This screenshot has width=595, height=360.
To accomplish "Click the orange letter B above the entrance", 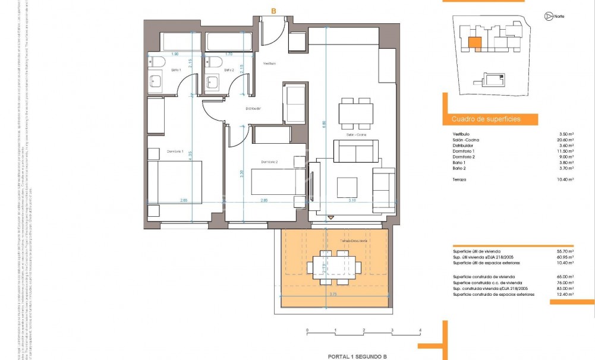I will [273, 11].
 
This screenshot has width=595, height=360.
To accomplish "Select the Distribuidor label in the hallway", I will [254, 109].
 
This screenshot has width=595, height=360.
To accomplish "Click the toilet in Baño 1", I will [156, 61].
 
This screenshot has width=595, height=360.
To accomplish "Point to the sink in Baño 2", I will [212, 82].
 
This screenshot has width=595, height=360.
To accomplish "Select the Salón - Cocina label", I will [357, 135].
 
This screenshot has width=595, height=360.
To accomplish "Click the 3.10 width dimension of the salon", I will [352, 200].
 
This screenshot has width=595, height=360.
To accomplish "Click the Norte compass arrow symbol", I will [546, 17].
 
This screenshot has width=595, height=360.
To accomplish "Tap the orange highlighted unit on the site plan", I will [474, 43].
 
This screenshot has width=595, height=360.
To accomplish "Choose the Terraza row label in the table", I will [459, 179].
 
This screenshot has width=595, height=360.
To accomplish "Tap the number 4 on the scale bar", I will [420, 329].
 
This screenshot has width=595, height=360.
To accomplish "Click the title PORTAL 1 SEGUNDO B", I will [357, 356].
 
